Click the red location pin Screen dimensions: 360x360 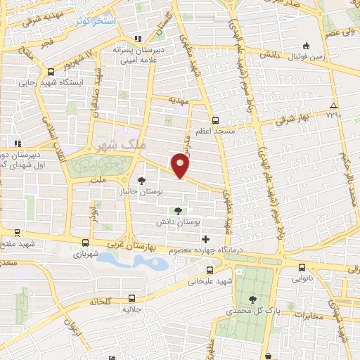[x=181, y=165]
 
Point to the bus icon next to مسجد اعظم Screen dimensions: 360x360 [x=215, y=120]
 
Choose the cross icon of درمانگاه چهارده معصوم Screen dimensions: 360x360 [x=205, y=239]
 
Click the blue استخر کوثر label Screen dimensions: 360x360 [x=100, y=22]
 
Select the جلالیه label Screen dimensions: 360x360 [x=133, y=309]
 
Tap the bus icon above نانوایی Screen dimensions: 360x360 [x=302, y=267]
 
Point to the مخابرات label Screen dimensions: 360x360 [x=306, y=315]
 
